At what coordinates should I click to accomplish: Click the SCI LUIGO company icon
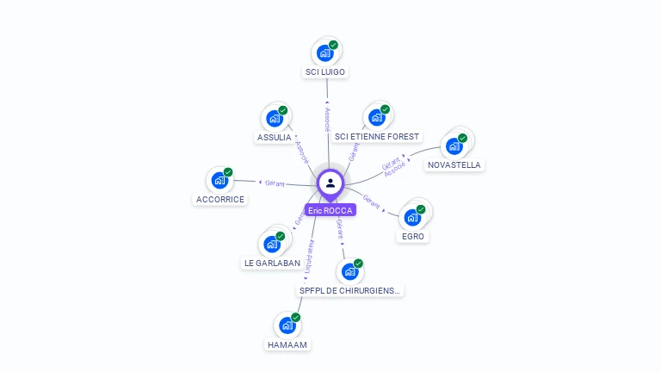(325, 53)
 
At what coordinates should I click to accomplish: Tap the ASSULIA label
(275, 138)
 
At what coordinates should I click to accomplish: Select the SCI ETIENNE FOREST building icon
(376, 117)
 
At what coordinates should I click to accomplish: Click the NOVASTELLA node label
(454, 164)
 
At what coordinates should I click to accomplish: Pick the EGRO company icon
(413, 216)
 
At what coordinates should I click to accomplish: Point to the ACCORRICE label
(220, 199)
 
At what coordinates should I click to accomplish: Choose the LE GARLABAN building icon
(272, 244)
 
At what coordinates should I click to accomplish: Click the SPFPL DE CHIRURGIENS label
(349, 291)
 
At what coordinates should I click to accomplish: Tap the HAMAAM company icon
(287, 325)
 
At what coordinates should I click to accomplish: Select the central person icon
(330, 183)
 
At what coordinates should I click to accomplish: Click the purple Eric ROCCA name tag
(330, 210)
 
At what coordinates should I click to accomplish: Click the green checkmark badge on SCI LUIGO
(333, 45)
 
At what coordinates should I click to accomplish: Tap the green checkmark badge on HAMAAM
(295, 318)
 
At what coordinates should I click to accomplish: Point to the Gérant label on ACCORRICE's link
(275, 183)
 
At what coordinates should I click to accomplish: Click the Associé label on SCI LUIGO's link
(327, 120)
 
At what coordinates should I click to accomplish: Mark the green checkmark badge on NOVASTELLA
(462, 138)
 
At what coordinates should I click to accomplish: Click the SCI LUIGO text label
(326, 71)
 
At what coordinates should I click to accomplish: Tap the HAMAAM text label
(287, 344)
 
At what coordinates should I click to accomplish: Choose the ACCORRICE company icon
(220, 180)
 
